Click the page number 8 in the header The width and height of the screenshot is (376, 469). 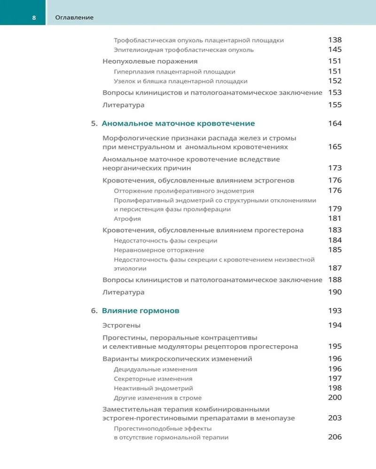pyautogui.click(x=34, y=18)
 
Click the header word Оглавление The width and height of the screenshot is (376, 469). pyautogui.click(x=74, y=18)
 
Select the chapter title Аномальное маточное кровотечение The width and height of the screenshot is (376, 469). pyautogui.click(x=178, y=124)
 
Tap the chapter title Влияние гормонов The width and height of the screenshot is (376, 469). pyautogui.click(x=140, y=311)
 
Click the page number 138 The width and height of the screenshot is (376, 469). pyautogui.click(x=335, y=40)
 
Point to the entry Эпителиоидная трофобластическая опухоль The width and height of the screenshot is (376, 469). pyautogui.click(x=184, y=50)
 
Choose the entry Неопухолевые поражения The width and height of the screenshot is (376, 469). pyautogui.click(x=149, y=61)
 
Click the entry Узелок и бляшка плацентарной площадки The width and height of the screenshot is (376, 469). pyautogui.click(x=180, y=82)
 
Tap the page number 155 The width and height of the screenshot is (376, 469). pyautogui.click(x=335, y=105)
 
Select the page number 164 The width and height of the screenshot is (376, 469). pyautogui.click(x=335, y=124)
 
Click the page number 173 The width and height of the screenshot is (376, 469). pyautogui.click(x=335, y=168)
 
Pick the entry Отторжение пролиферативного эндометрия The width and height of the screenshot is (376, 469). pyautogui.click(x=184, y=191)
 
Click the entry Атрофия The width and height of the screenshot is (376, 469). pyautogui.click(x=127, y=219)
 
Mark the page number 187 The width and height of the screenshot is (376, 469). pyautogui.click(x=335, y=268)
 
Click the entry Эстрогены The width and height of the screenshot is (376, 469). pyautogui.click(x=121, y=325)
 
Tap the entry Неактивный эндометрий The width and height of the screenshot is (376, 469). pyautogui.click(x=153, y=388)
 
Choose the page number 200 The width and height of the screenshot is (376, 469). pyautogui.click(x=335, y=397)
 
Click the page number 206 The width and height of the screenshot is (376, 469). pyautogui.click(x=335, y=437)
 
